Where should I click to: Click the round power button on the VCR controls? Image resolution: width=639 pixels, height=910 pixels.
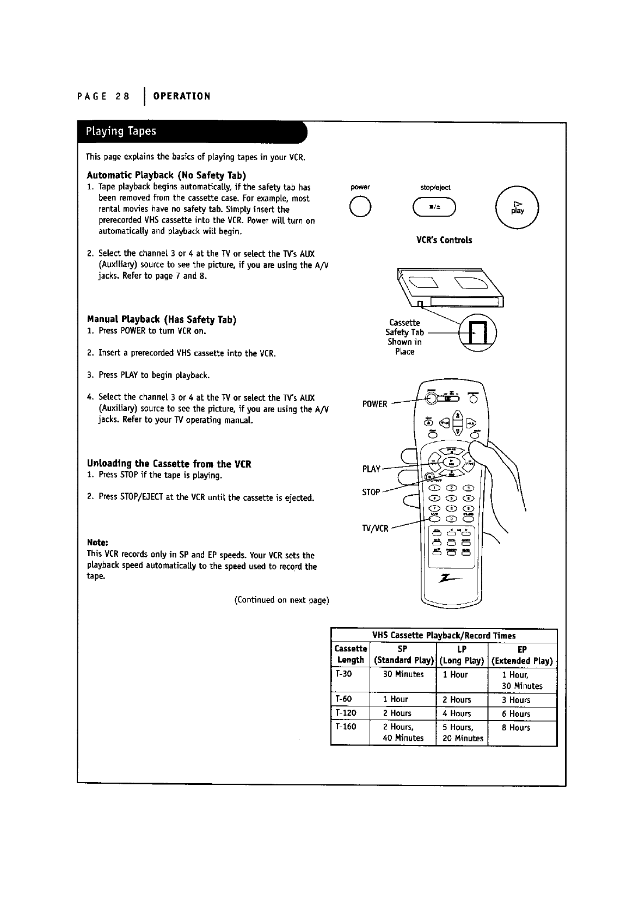click(x=361, y=207)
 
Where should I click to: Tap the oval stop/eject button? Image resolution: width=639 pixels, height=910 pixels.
click(x=434, y=208)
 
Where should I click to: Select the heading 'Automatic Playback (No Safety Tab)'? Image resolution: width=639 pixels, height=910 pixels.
click(x=167, y=175)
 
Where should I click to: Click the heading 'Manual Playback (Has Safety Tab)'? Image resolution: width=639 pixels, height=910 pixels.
click(x=162, y=319)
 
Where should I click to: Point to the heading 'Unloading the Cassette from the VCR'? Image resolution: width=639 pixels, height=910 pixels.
click(x=169, y=464)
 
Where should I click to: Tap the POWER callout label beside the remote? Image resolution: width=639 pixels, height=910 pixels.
click(x=374, y=404)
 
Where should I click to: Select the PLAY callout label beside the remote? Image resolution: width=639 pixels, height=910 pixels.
click(x=371, y=469)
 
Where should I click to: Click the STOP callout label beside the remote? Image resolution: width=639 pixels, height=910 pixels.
click(x=371, y=492)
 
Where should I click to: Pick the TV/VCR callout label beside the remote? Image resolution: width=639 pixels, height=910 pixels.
click(x=375, y=528)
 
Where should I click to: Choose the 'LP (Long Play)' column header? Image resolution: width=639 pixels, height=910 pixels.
click(x=462, y=655)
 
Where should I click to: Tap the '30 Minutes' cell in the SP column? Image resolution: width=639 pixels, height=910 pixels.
click(x=403, y=674)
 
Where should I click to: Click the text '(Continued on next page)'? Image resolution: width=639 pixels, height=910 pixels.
click(x=281, y=600)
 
